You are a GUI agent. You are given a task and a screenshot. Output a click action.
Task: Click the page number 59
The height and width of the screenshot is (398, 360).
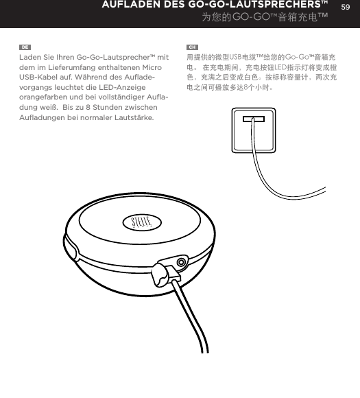(x=346, y=6)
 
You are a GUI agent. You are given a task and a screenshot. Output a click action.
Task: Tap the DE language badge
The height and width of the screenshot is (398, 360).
(x=24, y=47)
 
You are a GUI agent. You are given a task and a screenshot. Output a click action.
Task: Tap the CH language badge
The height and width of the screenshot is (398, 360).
(x=192, y=47)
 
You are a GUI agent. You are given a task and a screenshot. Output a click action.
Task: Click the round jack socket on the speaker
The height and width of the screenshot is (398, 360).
(x=182, y=262)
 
